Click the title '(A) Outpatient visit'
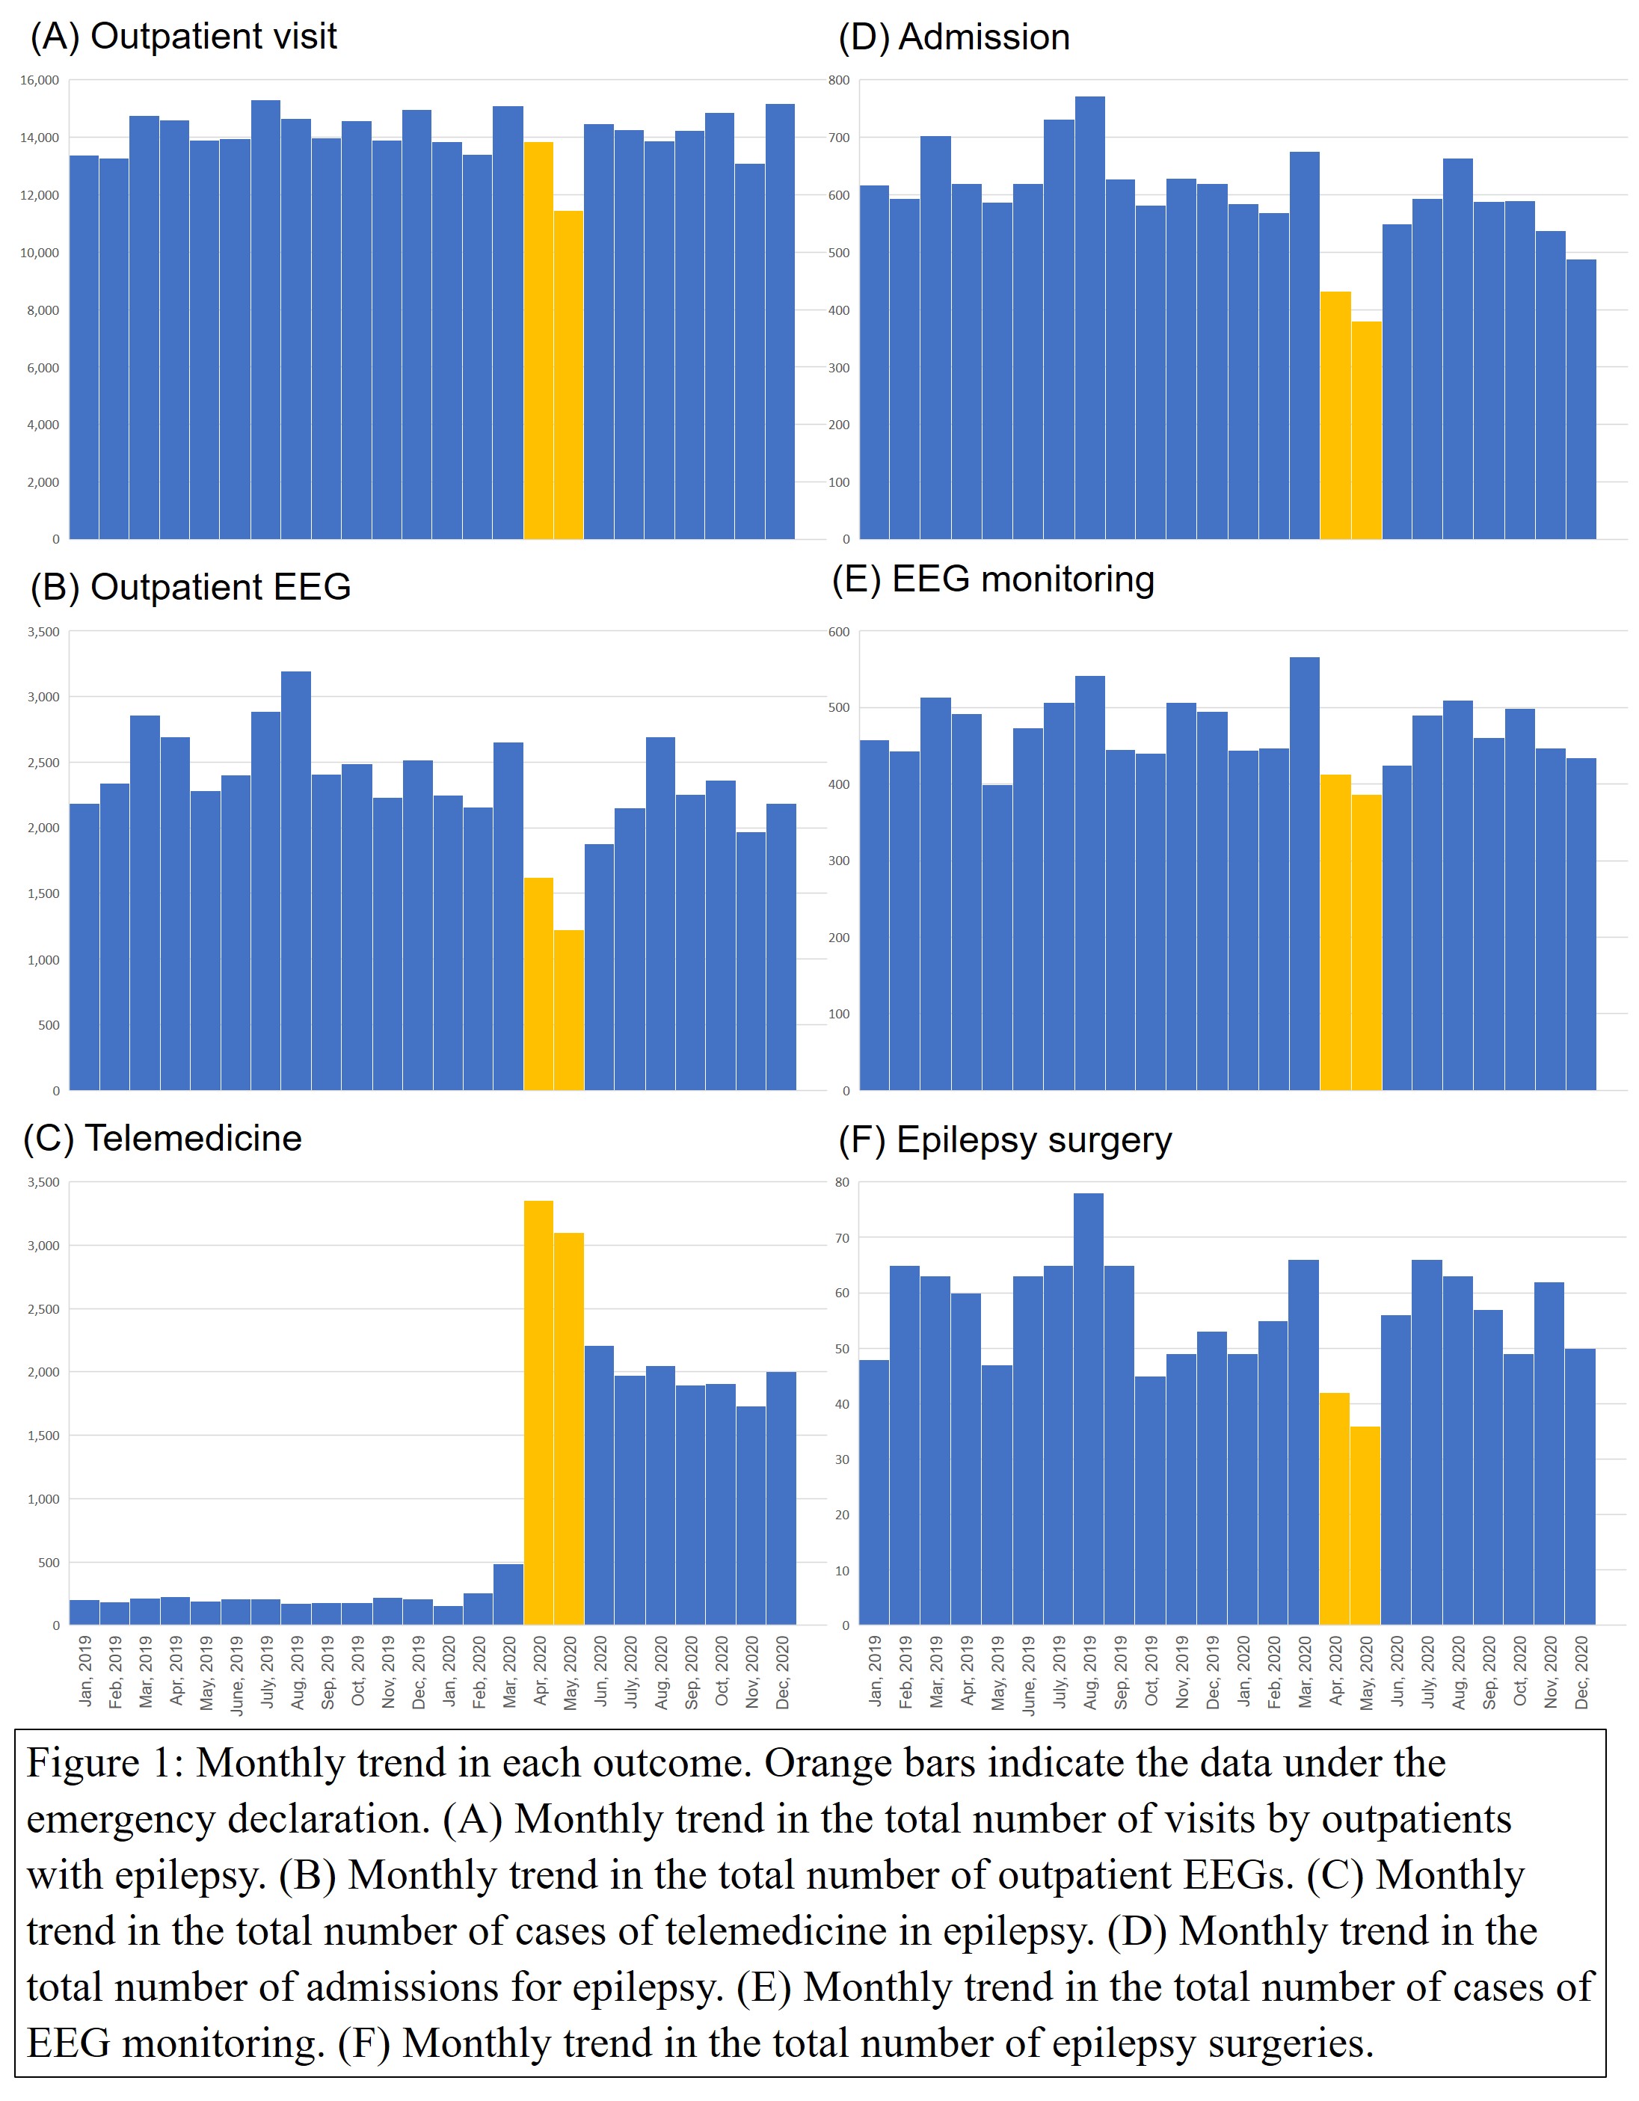(182, 37)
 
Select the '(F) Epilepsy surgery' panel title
(1004, 1140)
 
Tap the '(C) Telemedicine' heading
(162, 1138)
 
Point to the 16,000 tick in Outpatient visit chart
(40, 81)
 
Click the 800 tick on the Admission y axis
(839, 81)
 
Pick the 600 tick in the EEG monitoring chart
(839, 632)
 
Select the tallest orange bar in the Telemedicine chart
(538, 1414)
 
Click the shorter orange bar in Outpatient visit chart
(568, 375)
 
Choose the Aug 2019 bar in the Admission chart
(1089, 318)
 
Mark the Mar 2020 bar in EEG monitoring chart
(1304, 876)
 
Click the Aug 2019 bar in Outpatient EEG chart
(295, 880)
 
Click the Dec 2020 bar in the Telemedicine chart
(781, 1501)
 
